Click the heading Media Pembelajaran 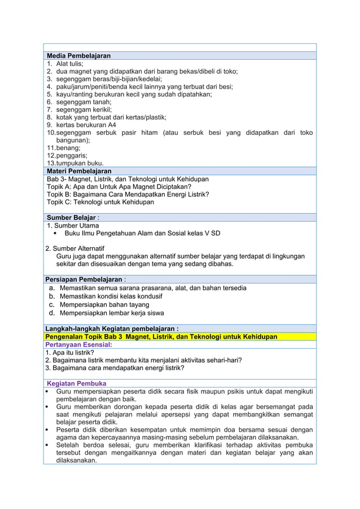tap(78, 56)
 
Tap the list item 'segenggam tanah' tap(79, 102)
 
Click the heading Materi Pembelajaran tap(79, 171)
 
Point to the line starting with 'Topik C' tap(100, 201)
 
